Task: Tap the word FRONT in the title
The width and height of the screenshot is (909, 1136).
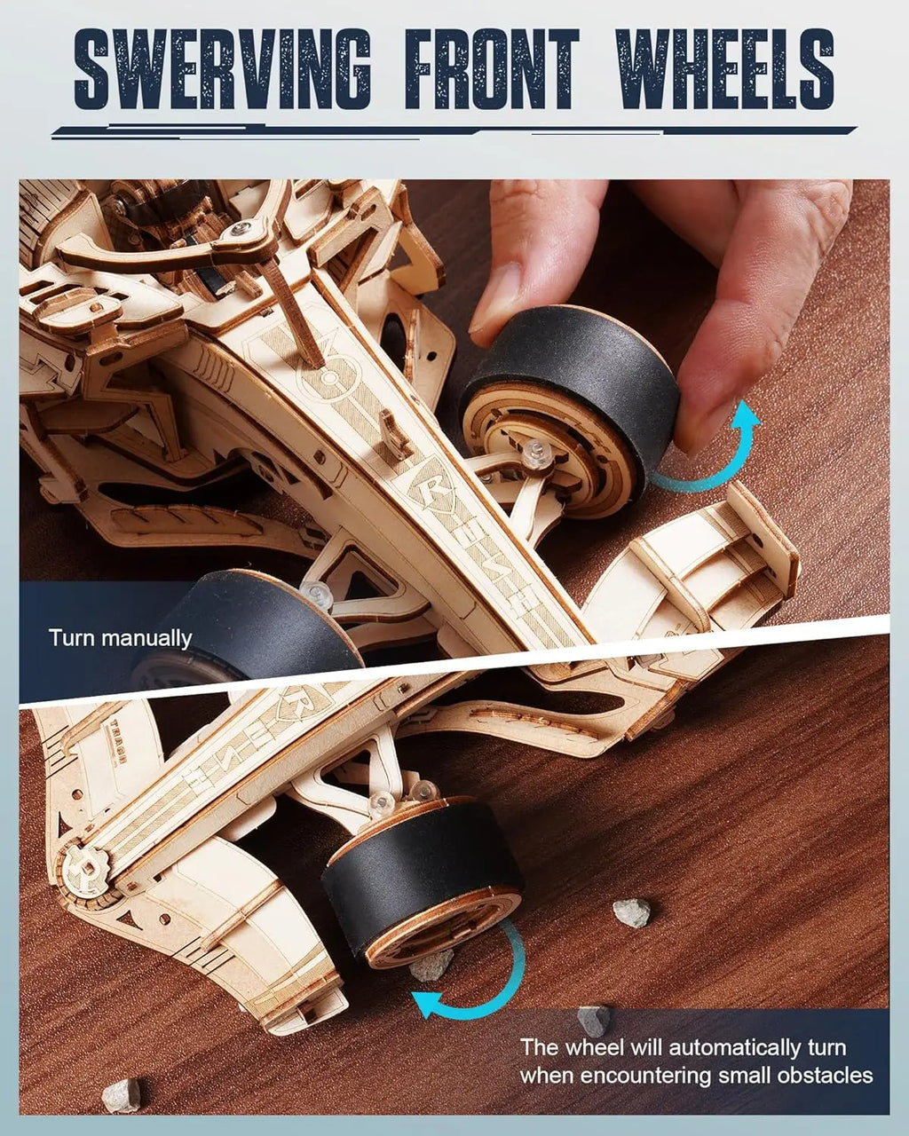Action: pyautogui.click(x=492, y=69)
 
